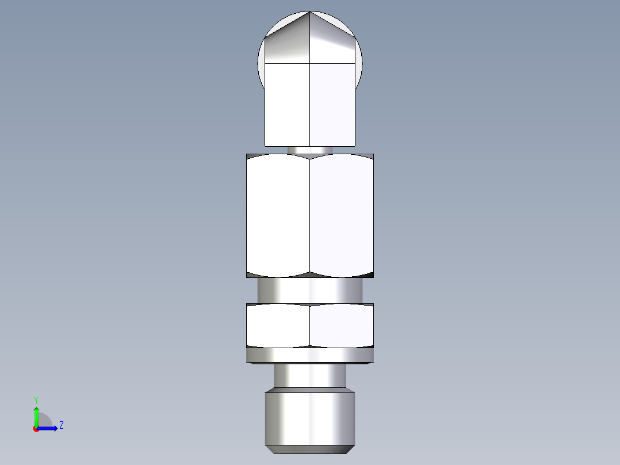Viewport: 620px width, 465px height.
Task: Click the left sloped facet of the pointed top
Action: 288,43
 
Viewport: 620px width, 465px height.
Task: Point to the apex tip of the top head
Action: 310,12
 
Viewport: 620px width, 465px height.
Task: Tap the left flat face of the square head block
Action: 287,104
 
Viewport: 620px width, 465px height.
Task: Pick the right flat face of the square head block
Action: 332,104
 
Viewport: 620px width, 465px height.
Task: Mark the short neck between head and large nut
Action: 309,150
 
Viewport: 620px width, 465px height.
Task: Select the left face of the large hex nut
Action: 278,216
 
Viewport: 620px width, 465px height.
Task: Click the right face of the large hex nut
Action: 342,216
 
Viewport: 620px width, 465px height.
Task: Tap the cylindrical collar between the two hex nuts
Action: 310,290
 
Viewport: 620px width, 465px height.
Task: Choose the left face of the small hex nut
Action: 278,325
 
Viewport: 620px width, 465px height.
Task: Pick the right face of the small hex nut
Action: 342,325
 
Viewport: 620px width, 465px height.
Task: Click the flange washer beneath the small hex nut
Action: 310,356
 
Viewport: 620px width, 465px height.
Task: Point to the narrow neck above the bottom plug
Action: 310,377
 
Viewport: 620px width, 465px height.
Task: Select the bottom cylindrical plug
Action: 310,419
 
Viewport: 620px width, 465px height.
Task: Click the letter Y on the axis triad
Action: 36,400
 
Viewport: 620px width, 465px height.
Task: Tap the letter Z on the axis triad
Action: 61,425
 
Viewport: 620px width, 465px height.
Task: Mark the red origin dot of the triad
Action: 36,429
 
